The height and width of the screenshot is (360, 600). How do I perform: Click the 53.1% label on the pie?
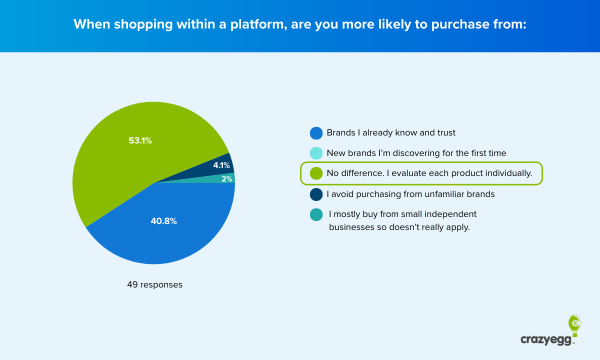(x=140, y=140)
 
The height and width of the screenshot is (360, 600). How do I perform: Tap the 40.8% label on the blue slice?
(x=163, y=220)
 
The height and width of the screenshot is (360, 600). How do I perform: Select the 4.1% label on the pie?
(x=221, y=165)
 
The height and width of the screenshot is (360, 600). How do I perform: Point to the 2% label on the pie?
(x=227, y=179)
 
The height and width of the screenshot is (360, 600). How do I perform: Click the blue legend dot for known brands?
(x=315, y=133)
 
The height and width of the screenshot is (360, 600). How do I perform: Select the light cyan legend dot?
(x=315, y=153)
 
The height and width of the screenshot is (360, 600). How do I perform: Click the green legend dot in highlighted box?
(x=315, y=173)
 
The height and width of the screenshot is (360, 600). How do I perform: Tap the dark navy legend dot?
(x=315, y=194)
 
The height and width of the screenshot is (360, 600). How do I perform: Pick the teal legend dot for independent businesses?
(x=315, y=214)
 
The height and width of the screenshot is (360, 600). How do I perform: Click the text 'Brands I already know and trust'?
(x=391, y=133)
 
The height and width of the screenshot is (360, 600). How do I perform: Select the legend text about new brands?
(x=416, y=153)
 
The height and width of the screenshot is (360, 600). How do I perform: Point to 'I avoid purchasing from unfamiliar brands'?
(x=410, y=194)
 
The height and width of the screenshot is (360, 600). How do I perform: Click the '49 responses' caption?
(x=154, y=285)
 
